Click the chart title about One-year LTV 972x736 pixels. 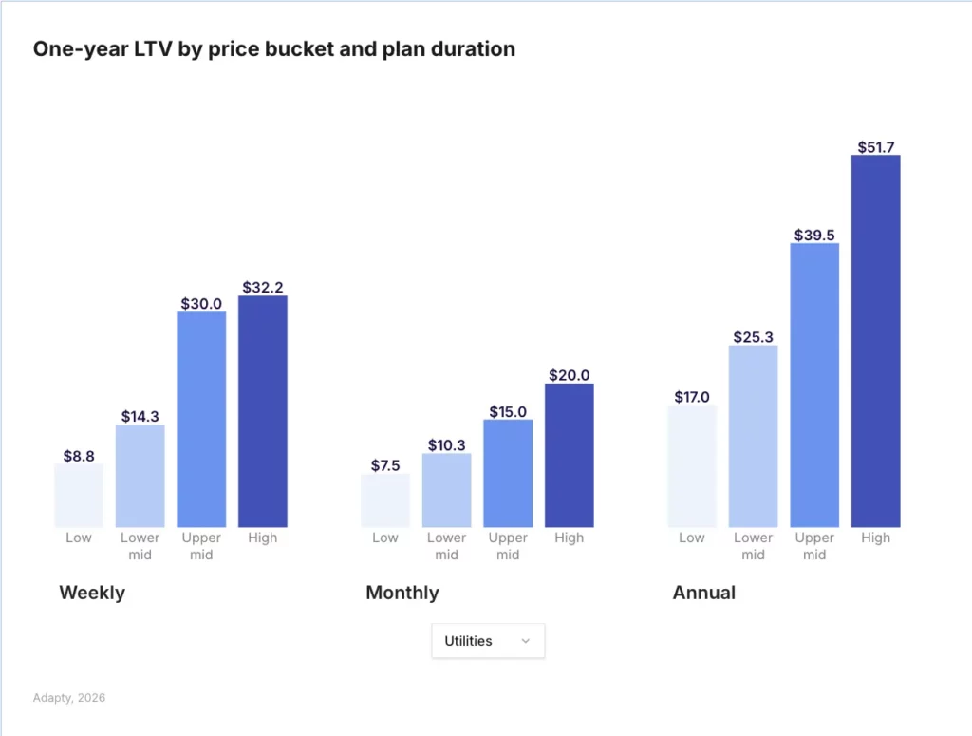(274, 49)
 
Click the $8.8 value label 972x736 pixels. (79, 456)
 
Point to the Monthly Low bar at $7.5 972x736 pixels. (385, 500)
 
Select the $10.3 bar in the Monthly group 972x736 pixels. (446, 490)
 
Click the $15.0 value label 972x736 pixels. (508, 411)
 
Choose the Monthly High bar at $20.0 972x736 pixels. (570, 455)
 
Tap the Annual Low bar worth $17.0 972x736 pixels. (692, 466)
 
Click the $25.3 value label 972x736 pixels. (754, 337)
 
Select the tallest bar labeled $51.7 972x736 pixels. (876, 341)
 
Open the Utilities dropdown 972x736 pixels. (488, 641)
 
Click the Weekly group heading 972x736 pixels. (92, 593)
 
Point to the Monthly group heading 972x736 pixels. (402, 593)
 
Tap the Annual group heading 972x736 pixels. (704, 593)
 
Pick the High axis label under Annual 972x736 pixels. (876, 538)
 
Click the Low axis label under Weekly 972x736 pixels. (79, 538)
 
